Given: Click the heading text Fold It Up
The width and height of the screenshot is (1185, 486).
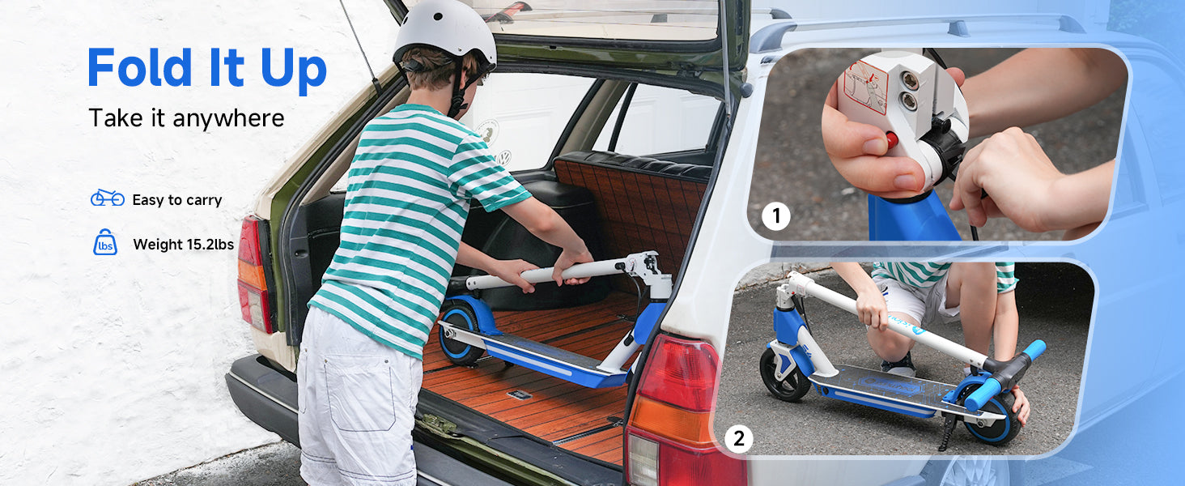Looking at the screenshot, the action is click(x=207, y=68).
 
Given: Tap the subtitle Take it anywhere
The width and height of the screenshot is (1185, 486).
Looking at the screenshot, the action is click(x=186, y=117).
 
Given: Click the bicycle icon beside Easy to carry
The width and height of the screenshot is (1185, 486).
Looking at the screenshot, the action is click(x=108, y=198).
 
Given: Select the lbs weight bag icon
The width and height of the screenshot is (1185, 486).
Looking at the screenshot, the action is click(x=105, y=243).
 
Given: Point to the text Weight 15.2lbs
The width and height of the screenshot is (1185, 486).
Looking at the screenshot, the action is click(x=183, y=245).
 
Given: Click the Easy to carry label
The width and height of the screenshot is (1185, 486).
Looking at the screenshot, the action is click(x=176, y=200).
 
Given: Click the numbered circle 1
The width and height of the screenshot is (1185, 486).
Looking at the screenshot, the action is click(x=776, y=216).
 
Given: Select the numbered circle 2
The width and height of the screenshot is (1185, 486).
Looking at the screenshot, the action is click(x=738, y=438).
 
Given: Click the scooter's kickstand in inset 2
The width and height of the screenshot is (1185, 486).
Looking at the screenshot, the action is click(x=947, y=430).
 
